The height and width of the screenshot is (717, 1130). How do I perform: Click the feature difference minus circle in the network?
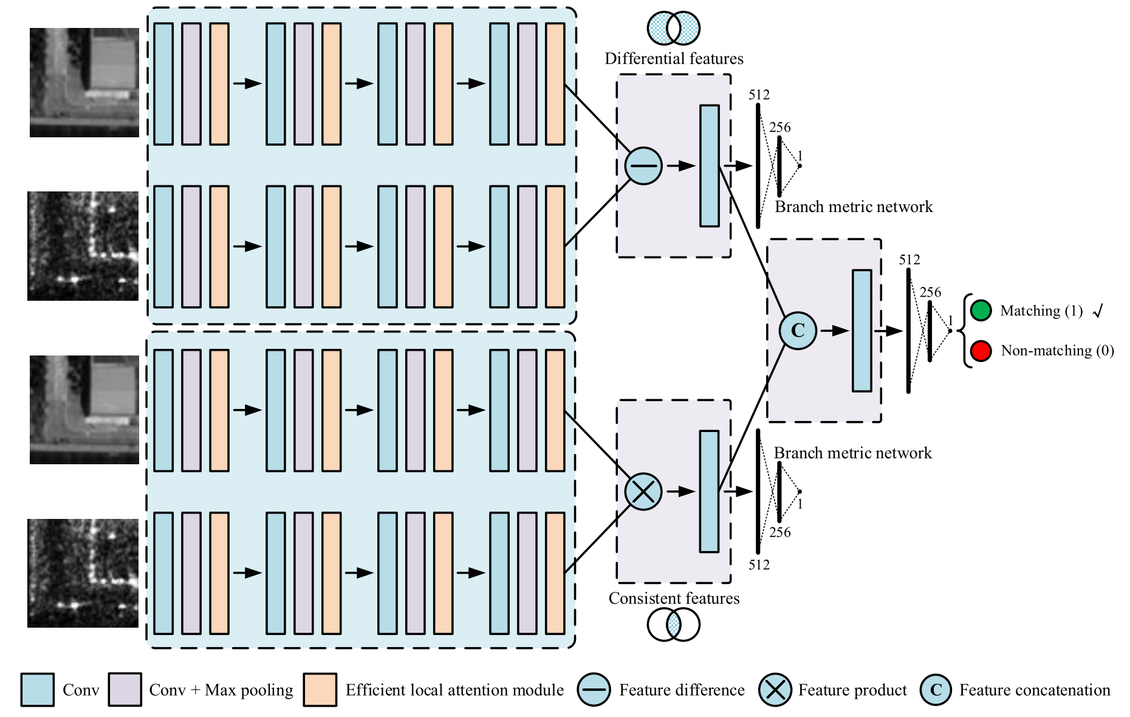643,166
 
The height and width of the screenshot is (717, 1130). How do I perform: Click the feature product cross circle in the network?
643,492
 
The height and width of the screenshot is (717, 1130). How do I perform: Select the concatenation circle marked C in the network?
798,331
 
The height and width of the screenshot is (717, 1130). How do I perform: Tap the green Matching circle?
981,310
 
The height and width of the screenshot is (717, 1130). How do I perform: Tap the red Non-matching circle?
981,351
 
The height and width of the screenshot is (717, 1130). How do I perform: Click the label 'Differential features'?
674,59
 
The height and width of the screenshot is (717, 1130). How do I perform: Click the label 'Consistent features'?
674,599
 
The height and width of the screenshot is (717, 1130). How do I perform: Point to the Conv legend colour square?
38,690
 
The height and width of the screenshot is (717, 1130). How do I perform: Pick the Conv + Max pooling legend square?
125,690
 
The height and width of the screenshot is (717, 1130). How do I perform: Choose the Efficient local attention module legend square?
320,690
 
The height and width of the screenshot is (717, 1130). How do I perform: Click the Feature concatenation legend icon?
936,690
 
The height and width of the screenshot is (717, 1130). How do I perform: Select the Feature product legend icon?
775,690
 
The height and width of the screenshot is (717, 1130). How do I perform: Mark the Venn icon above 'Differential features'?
674,28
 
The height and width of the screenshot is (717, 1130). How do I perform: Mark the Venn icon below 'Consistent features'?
674,625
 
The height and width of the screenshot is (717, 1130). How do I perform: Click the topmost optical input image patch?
84,83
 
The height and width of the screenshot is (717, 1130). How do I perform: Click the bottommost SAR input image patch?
83,573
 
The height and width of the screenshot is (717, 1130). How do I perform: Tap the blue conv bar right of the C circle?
861,331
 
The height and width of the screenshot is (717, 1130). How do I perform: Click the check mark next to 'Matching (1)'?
1097,312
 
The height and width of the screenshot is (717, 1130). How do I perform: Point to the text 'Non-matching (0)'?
1057,351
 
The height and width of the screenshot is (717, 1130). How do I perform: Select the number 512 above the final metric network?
909,260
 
